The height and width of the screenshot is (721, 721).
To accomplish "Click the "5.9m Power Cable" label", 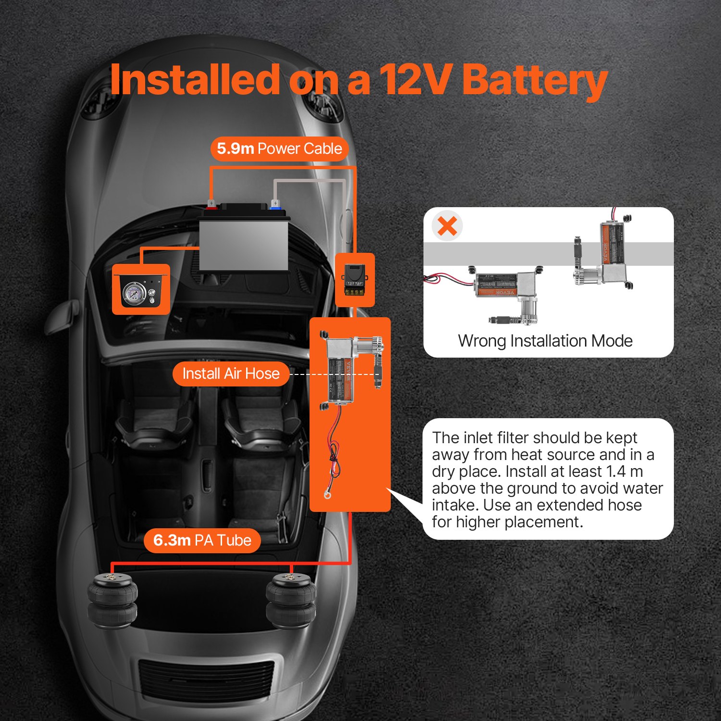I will point(279,149).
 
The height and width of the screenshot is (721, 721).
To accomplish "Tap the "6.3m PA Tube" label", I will point(202,540).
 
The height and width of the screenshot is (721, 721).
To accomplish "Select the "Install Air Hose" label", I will point(231,373).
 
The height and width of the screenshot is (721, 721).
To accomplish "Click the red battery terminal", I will point(211,206).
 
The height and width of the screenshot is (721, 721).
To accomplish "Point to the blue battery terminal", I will point(275,206).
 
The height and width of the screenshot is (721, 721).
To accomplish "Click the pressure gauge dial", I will point(132,292).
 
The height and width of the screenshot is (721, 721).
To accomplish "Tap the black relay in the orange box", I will point(355,279).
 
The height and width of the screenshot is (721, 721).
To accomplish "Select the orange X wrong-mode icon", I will point(447,226).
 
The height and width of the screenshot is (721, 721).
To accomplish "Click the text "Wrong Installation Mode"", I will point(545,341).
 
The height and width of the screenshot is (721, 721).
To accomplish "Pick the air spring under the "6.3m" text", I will point(112,601).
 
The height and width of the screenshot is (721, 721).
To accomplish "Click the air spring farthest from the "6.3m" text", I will point(291,601).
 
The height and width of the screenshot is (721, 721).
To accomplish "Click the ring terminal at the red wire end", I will point(327,495).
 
